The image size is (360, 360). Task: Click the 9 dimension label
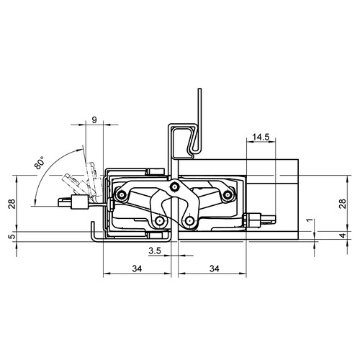[94, 120]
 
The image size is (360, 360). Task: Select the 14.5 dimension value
[261, 137]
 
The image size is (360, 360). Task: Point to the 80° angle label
[39, 163]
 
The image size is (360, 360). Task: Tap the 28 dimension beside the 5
[12, 204]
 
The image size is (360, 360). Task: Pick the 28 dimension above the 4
[343, 204]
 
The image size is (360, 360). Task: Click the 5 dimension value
[12, 236]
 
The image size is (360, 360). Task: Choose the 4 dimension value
[343, 235]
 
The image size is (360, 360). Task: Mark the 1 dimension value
[310, 220]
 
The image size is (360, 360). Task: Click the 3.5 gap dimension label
[155, 251]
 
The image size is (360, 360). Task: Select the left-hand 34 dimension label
[137, 269]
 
